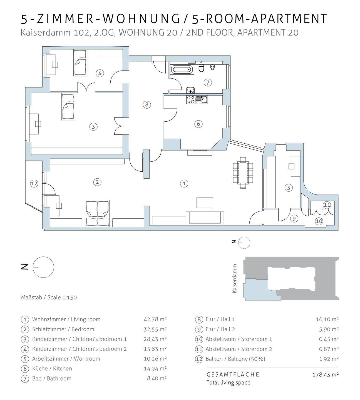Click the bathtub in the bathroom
[182, 69]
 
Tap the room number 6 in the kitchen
[198, 124]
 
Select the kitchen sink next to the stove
[202, 99]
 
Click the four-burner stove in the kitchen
[191, 99]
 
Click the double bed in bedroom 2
[97, 213]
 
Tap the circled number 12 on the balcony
[34, 184]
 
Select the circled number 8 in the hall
[147, 105]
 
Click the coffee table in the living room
[205, 202]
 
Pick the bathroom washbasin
[190, 89]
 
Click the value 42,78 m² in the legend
[155, 319]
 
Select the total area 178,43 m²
[326, 374]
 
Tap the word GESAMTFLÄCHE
[233, 374]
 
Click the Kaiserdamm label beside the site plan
[235, 279]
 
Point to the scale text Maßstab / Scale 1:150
[49, 297]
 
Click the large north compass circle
[43, 267]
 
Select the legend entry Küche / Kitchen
[52, 369]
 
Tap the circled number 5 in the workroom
[289, 188]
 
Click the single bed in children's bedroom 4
[80, 62]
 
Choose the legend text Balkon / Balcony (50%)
[235, 359]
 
